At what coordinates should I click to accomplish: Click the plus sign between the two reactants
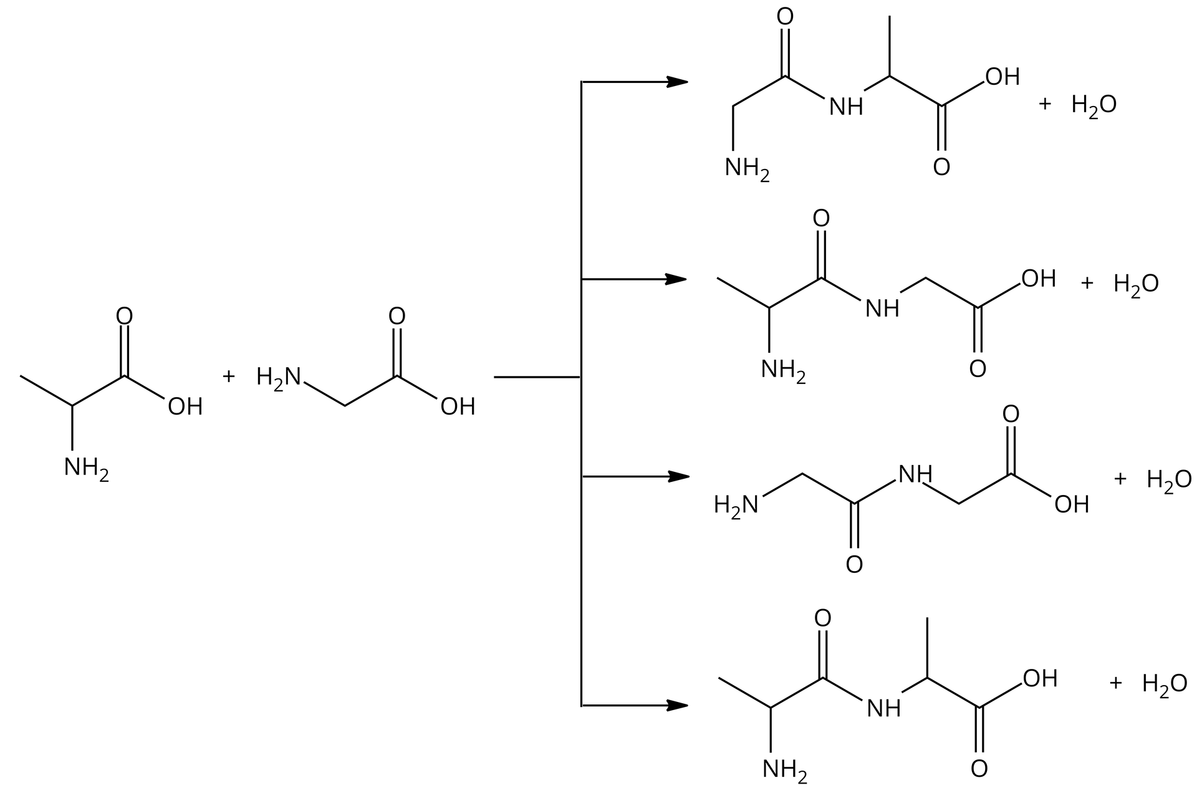coord(228,377)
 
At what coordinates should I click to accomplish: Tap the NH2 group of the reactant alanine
coord(86,468)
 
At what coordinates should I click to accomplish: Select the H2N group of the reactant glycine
coord(278,377)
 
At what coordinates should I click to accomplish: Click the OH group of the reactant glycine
coord(458,407)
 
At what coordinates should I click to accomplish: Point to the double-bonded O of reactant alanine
coord(125,316)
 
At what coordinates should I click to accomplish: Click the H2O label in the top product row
coord(1094,105)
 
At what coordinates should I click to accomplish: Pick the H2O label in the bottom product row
coord(1164,684)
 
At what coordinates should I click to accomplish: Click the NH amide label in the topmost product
coord(846,107)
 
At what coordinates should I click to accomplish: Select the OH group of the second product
coord(1039,279)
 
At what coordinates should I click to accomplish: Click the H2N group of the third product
coord(736,504)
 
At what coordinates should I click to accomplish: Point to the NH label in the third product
coord(915,475)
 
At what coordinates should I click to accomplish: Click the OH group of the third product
coord(1072,504)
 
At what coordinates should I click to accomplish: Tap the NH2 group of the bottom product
coord(784,770)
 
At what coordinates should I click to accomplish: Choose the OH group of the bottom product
coord(1040,678)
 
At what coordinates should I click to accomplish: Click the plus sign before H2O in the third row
coord(1120,479)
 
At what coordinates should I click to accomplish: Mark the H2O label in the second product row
coord(1135,284)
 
